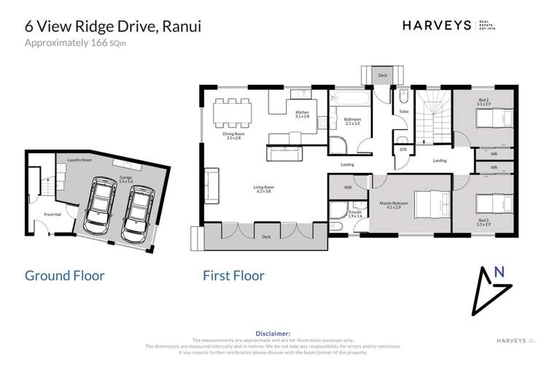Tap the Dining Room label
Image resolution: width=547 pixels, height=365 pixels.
point(233,137)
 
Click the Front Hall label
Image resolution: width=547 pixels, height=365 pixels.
point(52,215)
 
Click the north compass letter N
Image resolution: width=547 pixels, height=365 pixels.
point(499,272)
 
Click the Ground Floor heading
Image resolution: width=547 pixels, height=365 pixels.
point(64,276)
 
